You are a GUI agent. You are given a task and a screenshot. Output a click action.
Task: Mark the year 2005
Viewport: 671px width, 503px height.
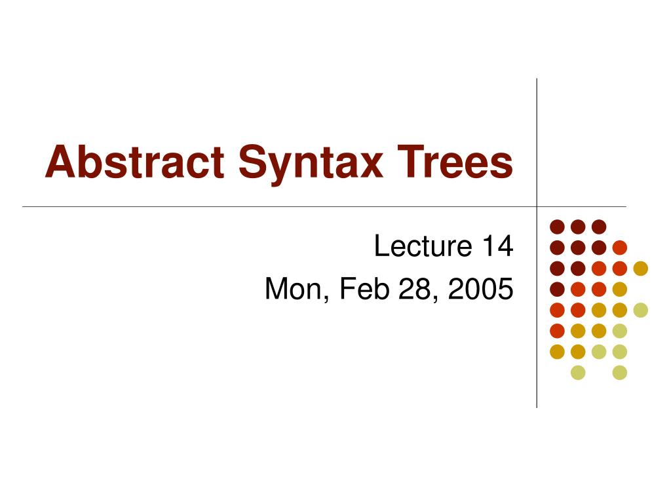[x=481, y=289]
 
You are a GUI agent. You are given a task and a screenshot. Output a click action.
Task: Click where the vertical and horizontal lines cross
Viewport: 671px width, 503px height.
[x=537, y=207]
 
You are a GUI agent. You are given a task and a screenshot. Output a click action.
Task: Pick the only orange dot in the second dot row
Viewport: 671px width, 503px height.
[x=619, y=248]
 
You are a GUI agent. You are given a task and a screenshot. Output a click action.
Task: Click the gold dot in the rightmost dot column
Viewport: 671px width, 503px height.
[x=640, y=268]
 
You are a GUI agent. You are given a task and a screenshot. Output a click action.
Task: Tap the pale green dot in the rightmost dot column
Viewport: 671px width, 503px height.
[x=640, y=310]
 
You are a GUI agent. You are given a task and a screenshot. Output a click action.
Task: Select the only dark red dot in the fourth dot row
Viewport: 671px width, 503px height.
[x=557, y=289]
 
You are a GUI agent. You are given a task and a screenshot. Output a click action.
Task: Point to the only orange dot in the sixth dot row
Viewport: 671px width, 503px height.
[x=557, y=331]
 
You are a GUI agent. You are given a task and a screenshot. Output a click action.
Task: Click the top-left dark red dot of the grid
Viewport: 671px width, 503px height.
[x=557, y=227]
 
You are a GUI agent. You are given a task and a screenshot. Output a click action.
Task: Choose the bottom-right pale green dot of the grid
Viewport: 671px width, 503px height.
[x=619, y=373]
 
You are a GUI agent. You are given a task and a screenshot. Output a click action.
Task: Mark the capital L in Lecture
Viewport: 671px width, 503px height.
[x=381, y=247]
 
